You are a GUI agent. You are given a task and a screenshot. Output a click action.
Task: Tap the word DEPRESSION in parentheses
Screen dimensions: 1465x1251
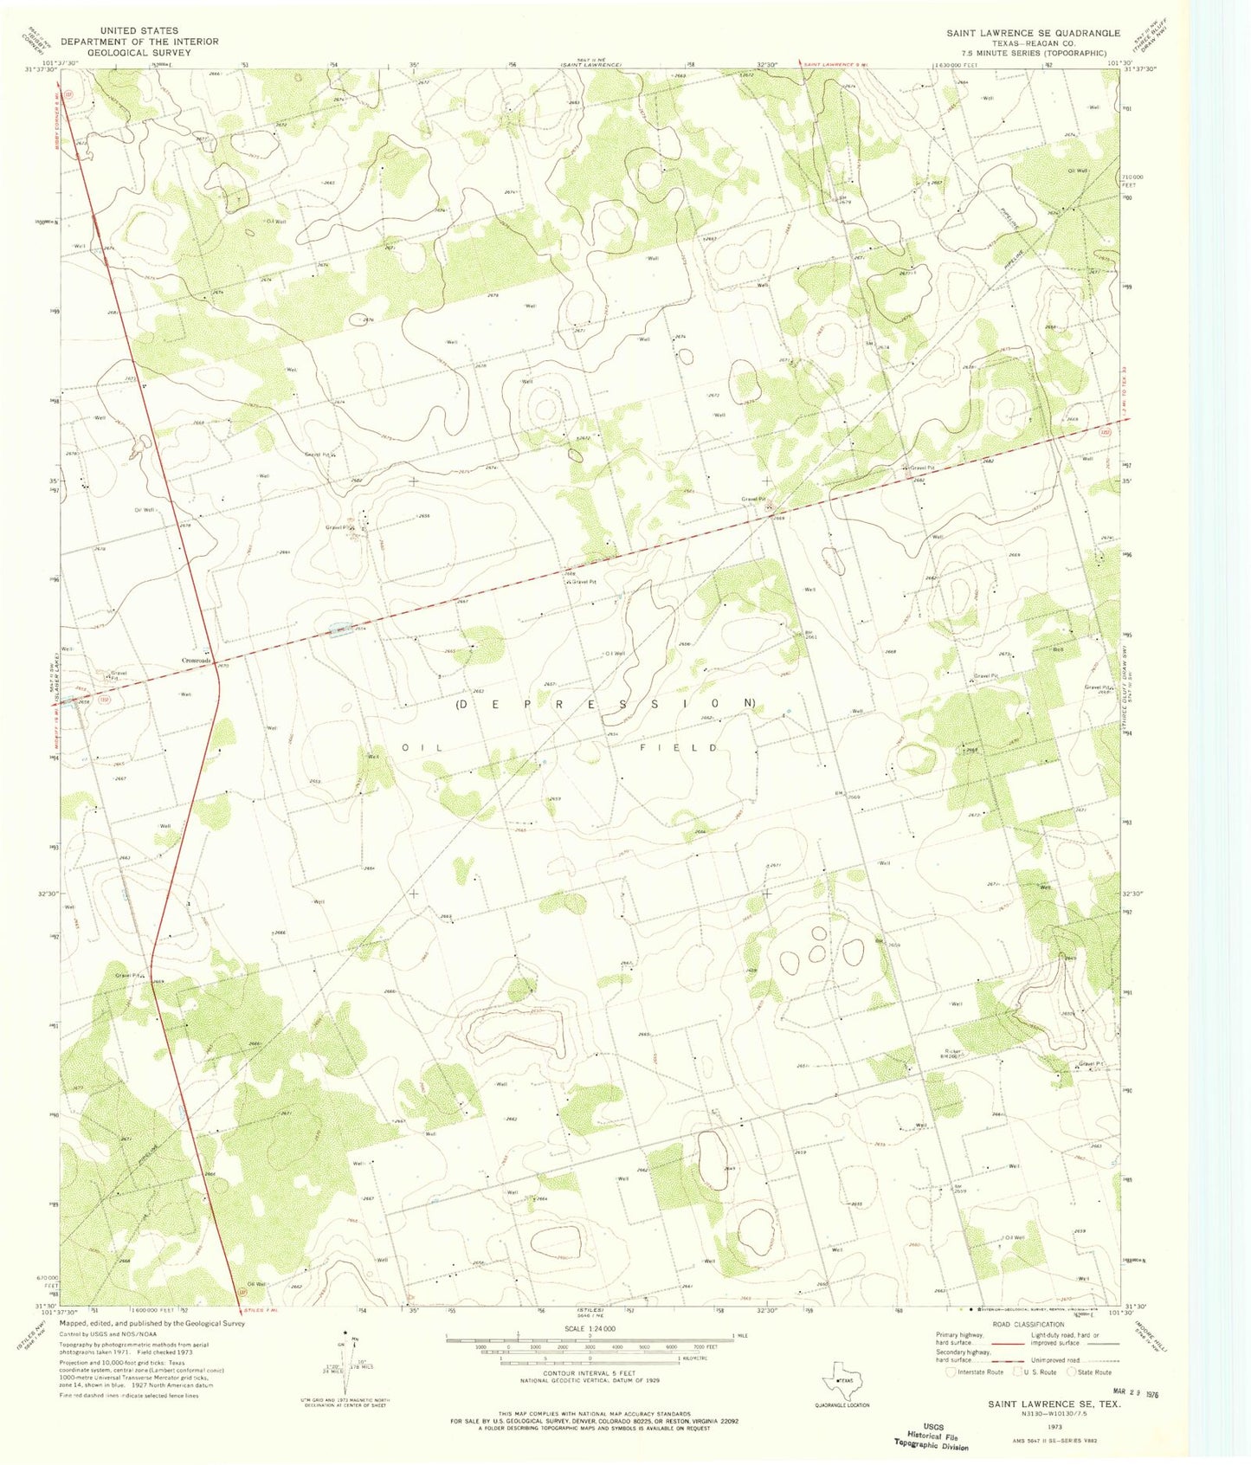tap(606, 704)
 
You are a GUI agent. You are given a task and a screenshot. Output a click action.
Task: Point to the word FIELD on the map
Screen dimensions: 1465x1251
tap(680, 746)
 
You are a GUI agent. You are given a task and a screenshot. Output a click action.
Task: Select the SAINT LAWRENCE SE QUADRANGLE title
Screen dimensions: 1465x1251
tap(1033, 33)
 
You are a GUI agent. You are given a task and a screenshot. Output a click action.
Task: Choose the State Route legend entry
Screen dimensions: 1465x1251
tap(1089, 1371)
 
